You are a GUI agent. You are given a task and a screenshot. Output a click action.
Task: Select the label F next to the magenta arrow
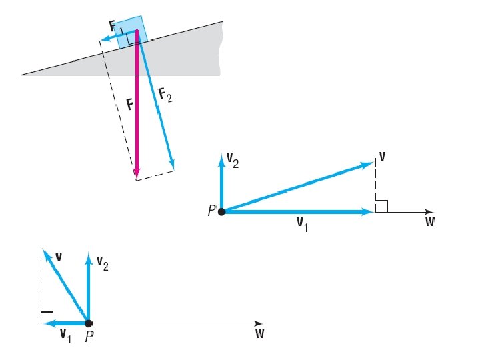pos(131,105)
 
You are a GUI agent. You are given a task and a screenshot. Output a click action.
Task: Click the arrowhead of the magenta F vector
pos(137,175)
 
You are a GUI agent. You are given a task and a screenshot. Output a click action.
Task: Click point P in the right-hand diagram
pos(221,211)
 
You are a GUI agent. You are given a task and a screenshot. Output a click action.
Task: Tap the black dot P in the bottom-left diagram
pos(88,323)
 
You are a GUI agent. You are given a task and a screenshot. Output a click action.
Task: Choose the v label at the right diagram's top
pos(382,157)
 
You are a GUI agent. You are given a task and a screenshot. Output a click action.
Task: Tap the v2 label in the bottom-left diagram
pos(101,264)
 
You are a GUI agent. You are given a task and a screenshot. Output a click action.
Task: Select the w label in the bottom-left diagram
pos(259,333)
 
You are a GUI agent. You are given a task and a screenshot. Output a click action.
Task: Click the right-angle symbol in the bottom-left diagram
pos(47,316)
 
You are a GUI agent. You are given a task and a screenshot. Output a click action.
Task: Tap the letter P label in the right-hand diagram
pos(211,211)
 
